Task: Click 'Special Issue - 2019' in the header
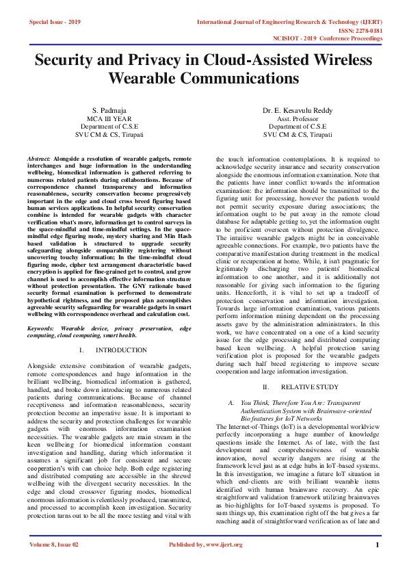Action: point(55,23)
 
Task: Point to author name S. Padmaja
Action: point(109,110)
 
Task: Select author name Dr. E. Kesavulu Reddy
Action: point(297,110)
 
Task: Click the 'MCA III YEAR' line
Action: point(109,118)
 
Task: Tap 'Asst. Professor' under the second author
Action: point(297,118)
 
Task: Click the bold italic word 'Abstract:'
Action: point(39,158)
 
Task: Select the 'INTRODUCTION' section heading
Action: point(120,350)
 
